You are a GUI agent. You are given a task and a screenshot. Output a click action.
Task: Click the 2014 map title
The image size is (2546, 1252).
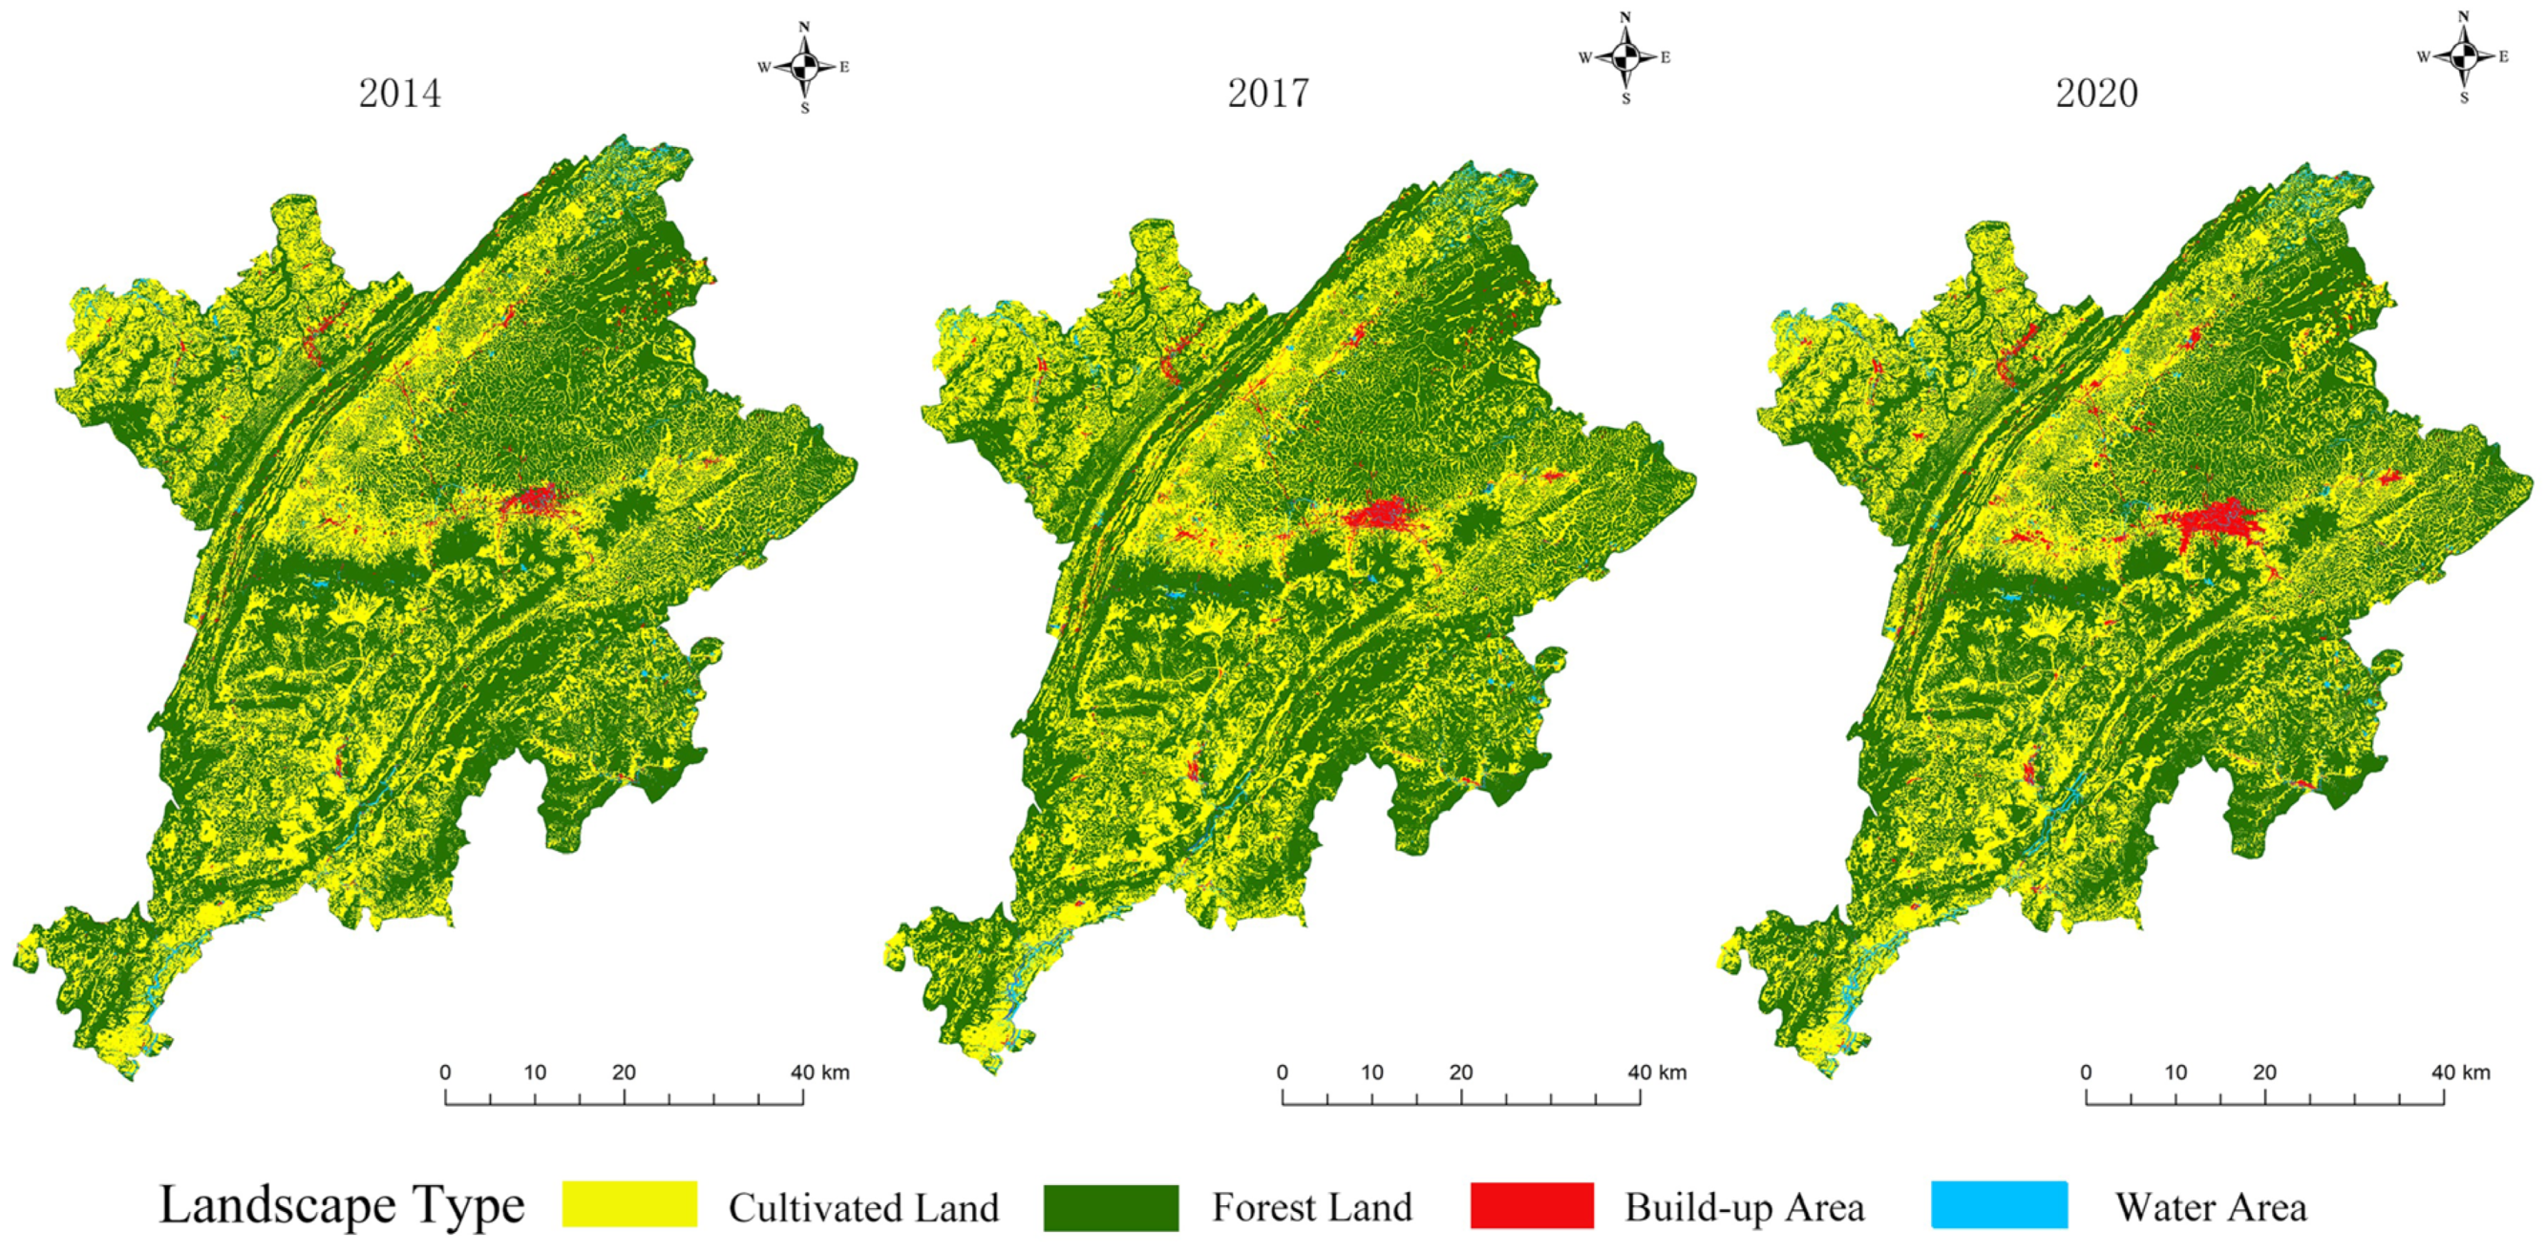(x=399, y=93)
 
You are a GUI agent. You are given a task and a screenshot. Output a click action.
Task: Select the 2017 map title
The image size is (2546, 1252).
(x=1268, y=93)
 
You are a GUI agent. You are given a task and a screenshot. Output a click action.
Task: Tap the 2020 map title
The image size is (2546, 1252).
(x=2096, y=93)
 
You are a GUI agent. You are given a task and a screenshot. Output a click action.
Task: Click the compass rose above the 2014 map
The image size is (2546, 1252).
(x=805, y=67)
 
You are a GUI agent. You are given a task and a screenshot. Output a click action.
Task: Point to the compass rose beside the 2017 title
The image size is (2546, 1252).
(x=1624, y=57)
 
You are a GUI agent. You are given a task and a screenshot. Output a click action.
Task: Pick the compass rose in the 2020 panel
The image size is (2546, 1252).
(x=2463, y=56)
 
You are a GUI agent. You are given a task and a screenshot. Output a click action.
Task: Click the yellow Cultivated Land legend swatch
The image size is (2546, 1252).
(x=629, y=1203)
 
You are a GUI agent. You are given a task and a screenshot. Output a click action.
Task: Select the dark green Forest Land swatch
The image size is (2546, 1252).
(x=1111, y=1207)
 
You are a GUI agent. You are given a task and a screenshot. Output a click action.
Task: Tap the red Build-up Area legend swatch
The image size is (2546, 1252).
(x=1532, y=1205)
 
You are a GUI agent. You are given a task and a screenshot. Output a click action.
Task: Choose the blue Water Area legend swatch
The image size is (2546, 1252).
(x=2000, y=1204)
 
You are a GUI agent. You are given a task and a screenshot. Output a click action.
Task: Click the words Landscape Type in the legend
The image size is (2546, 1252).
(x=342, y=1205)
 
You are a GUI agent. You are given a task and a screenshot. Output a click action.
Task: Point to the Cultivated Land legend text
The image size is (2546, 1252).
(x=864, y=1207)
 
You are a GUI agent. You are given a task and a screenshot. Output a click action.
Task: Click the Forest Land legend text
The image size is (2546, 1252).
(x=1312, y=1207)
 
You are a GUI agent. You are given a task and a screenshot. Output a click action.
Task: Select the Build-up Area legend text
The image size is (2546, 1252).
(x=1745, y=1207)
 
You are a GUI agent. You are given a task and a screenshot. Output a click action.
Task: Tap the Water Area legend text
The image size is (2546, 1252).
(x=2211, y=1207)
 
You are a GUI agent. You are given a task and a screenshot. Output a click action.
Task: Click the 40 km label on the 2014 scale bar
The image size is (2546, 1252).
(x=819, y=1072)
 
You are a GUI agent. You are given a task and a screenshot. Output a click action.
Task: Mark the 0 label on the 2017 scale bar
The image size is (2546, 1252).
(x=1282, y=1072)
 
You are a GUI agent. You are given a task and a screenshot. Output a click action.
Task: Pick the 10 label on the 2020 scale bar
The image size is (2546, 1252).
(x=2175, y=1072)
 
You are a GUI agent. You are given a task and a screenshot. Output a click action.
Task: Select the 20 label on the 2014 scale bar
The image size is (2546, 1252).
(x=624, y=1072)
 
